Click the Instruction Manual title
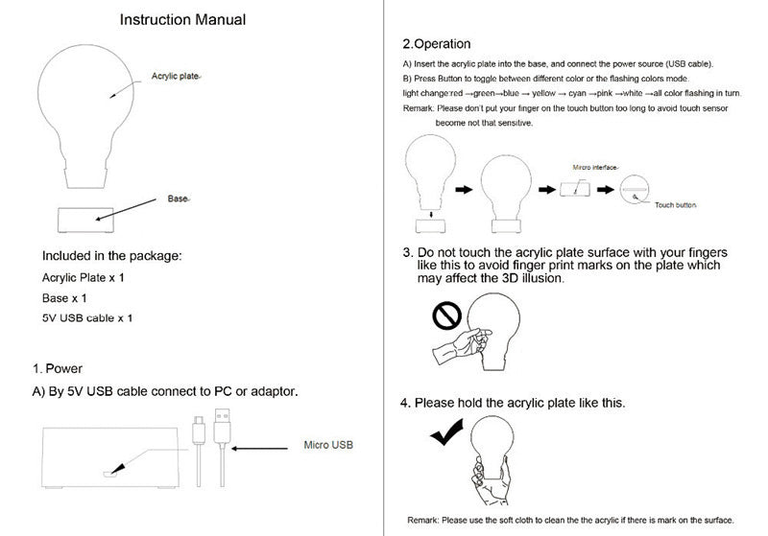tap(182, 19)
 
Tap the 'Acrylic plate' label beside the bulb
tap(176, 76)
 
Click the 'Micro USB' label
tap(328, 446)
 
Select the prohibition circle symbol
tap(447, 315)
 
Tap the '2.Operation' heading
tap(436, 44)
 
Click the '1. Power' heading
tap(58, 368)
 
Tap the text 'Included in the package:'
tap(111, 257)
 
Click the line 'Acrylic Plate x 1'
tap(84, 278)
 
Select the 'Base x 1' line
tap(65, 298)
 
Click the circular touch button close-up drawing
tap(635, 192)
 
